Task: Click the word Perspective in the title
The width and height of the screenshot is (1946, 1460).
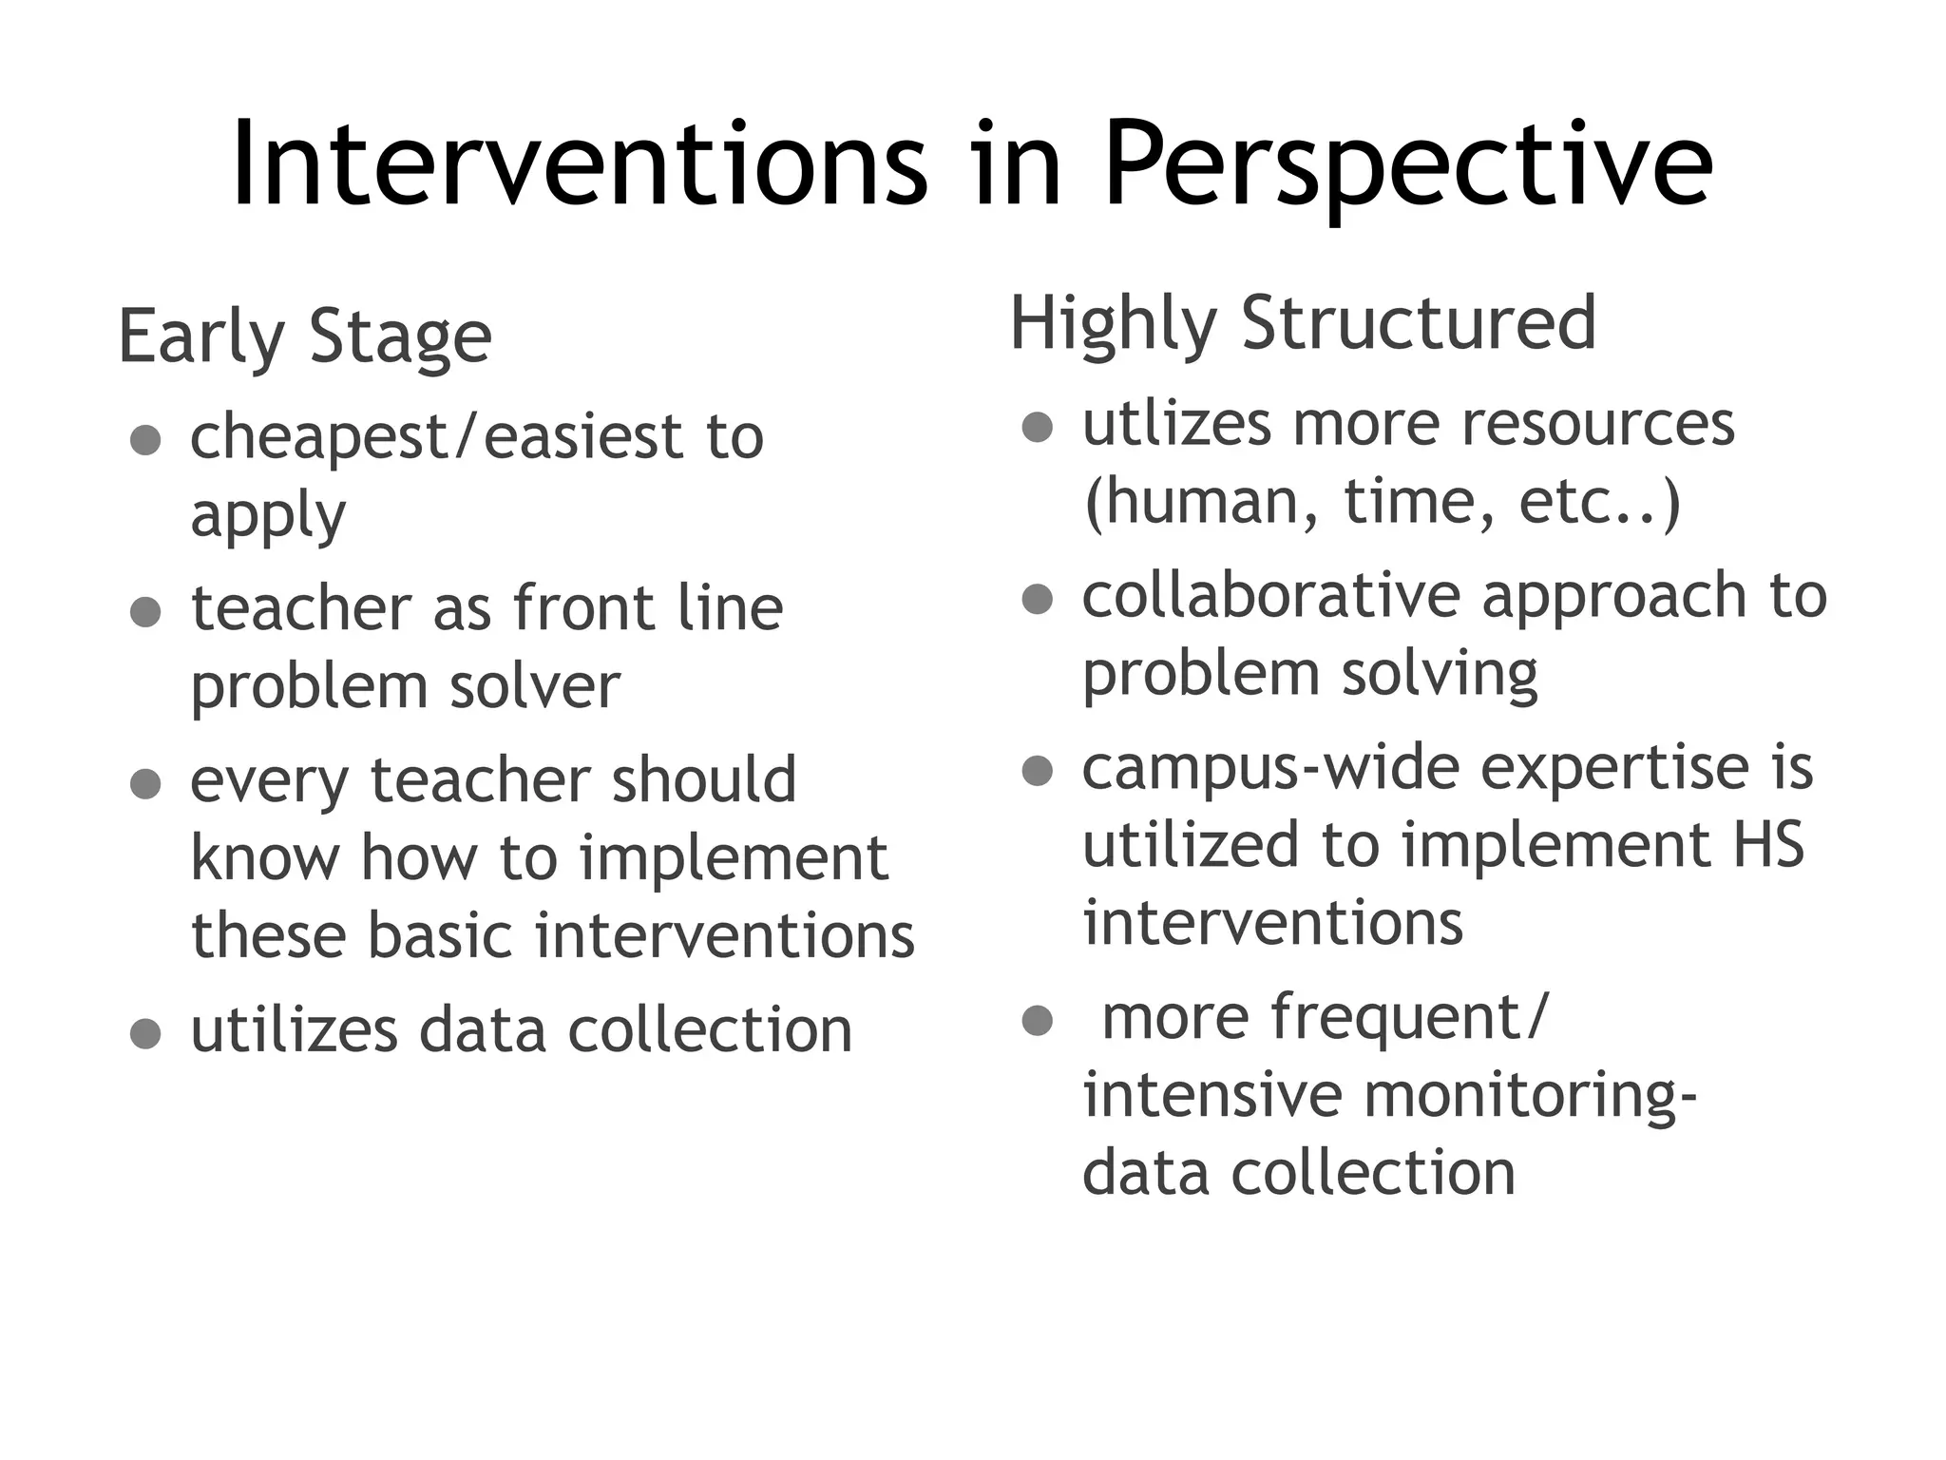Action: pyautogui.click(x=1408, y=166)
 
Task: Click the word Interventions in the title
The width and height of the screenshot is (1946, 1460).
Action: pyautogui.click(x=579, y=166)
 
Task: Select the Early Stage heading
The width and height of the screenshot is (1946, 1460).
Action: pyautogui.click(x=305, y=336)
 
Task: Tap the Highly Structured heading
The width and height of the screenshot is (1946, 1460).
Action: pyautogui.click(x=1303, y=323)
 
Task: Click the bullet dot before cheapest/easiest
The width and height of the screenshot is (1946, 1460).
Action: pyautogui.click(x=145, y=440)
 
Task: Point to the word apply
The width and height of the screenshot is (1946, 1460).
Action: pyautogui.click(x=268, y=516)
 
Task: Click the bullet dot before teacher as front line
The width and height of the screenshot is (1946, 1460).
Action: pyautogui.click(x=145, y=612)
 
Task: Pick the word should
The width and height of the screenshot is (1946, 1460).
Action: pyautogui.click(x=703, y=780)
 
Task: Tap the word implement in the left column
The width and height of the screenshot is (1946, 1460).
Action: pyautogui.click(x=734, y=857)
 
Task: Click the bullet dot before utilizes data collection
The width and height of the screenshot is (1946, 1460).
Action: pyautogui.click(x=145, y=1033)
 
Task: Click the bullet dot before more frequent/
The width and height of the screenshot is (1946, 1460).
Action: pyautogui.click(x=1038, y=1021)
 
